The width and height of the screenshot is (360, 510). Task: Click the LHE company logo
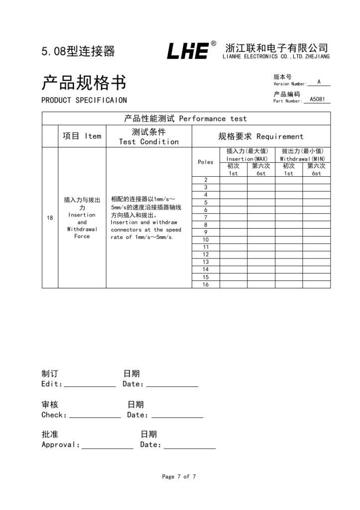click(187, 51)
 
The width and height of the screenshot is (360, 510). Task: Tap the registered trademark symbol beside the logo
click(214, 44)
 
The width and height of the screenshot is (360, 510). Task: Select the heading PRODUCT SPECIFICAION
click(84, 100)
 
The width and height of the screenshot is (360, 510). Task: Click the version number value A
click(319, 82)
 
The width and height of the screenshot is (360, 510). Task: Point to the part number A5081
click(317, 99)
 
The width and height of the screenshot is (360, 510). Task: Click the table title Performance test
click(186, 119)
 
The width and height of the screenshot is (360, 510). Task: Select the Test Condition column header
click(148, 136)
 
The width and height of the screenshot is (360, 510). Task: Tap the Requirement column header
click(260, 136)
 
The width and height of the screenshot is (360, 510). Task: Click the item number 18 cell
click(50, 218)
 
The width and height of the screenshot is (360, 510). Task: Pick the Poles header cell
click(206, 162)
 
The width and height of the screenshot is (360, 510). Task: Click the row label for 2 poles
click(206, 180)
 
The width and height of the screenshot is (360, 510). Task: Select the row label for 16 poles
click(206, 284)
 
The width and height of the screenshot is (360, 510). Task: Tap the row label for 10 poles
click(206, 240)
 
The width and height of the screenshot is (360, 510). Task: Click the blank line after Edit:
click(90, 384)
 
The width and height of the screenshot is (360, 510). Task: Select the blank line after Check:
click(95, 415)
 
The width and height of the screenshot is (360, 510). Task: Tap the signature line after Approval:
click(108, 446)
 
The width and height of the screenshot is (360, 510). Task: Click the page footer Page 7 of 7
click(179, 477)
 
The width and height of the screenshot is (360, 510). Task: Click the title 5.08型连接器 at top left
click(78, 51)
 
